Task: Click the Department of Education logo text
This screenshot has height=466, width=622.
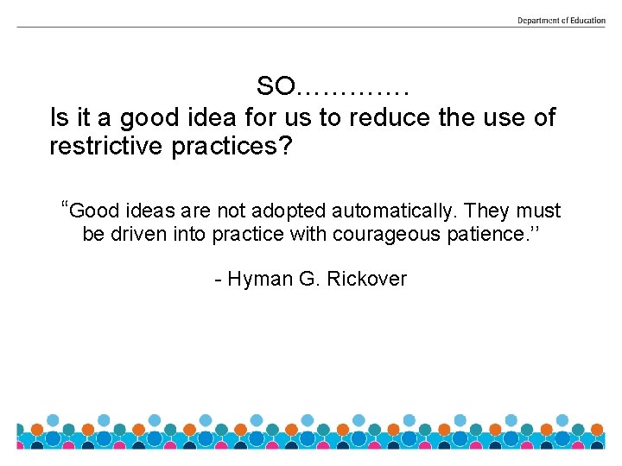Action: point(561,20)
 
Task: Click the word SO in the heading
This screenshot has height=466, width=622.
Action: point(276,86)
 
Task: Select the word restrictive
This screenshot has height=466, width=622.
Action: point(105,146)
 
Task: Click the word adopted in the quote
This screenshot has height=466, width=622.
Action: point(290,211)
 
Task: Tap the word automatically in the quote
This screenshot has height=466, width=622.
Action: point(395,211)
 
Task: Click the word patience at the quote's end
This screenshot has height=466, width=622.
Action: point(486,234)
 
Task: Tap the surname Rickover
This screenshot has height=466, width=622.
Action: point(367,279)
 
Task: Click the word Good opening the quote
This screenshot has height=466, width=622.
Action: point(94,211)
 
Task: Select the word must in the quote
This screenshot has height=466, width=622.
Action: point(540,211)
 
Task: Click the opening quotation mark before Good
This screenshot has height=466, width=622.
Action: point(65,206)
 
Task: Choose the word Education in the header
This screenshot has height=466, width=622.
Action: point(587,20)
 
